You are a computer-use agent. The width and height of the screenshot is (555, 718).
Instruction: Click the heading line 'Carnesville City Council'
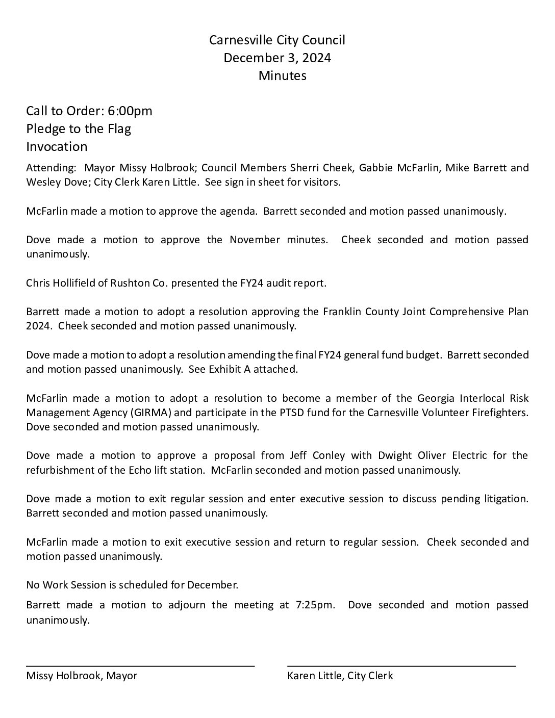(x=277, y=40)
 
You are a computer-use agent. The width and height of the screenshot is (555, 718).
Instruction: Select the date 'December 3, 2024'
(x=277, y=58)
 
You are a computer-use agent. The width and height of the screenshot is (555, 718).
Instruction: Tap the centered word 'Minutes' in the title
(x=282, y=75)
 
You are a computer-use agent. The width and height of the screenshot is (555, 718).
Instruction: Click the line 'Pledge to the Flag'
(x=79, y=129)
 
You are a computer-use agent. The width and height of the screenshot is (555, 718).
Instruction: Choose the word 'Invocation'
(x=57, y=146)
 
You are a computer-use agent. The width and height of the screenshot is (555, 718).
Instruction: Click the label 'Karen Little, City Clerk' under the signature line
(x=340, y=676)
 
